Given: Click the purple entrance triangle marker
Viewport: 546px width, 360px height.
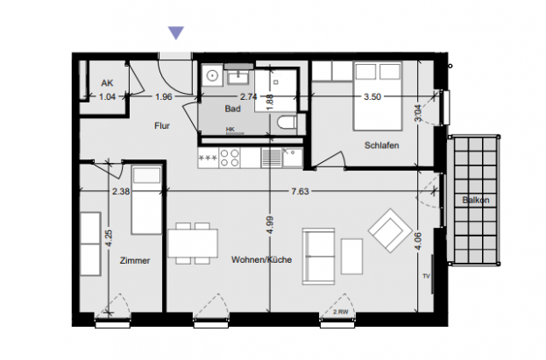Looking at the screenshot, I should point(176,33).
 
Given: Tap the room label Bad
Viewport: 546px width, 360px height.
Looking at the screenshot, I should point(232,109).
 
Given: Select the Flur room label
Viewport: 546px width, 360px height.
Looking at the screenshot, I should point(161,126).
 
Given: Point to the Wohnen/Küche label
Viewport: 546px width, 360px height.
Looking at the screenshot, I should point(261,260).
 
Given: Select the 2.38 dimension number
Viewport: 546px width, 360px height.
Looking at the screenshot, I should point(121,190).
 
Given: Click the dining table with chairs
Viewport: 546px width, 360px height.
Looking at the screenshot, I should point(194,242).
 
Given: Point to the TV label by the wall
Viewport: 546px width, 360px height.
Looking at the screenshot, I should point(427,276).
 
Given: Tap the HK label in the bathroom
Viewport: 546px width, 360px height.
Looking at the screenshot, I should point(230,130).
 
